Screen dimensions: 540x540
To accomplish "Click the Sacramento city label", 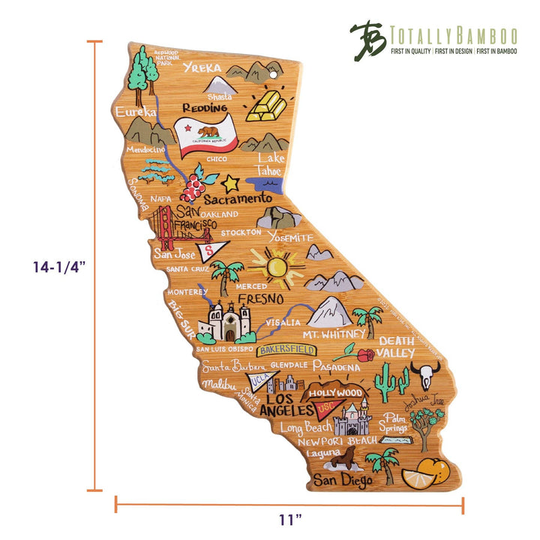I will coord(238,199).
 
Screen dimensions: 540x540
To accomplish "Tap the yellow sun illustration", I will coord(276,266).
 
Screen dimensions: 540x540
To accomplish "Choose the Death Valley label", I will coord(395,346).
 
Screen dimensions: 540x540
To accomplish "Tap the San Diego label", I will coord(341,479).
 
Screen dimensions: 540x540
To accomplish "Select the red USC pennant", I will coord(326,409).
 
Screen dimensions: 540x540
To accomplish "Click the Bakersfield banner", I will coord(286,349).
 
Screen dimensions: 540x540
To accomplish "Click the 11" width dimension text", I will coord(289,517).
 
